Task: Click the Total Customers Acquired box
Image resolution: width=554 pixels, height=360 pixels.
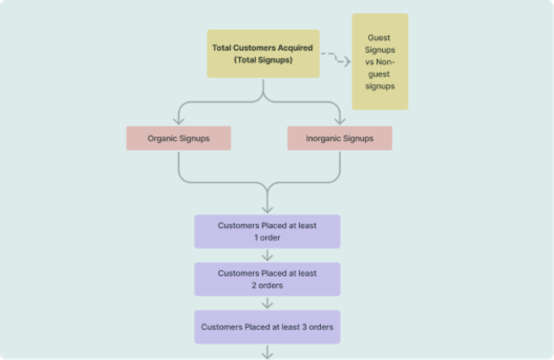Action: (x=263, y=54)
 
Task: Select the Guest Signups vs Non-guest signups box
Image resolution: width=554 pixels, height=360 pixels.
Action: (x=380, y=62)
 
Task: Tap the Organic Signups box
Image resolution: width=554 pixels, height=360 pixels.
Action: (x=178, y=138)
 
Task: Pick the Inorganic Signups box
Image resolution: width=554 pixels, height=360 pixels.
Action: (x=340, y=138)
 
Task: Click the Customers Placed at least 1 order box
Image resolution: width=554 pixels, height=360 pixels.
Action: (x=267, y=232)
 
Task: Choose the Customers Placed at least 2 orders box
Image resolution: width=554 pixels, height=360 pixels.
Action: (x=267, y=279)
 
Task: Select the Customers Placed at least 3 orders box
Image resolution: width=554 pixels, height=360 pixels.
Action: (x=267, y=327)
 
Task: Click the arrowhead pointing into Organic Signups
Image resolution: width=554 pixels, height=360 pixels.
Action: (x=178, y=120)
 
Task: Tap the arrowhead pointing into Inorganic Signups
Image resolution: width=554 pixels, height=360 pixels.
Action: (x=340, y=120)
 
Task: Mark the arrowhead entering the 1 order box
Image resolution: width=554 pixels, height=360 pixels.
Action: (x=268, y=209)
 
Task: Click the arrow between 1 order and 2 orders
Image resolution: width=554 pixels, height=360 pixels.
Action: (x=268, y=255)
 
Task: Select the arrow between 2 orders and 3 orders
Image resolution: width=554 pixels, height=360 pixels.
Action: (x=268, y=303)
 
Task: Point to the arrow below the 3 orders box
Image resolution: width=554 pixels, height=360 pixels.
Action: (x=268, y=352)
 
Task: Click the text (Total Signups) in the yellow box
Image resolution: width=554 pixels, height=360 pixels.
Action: (x=263, y=60)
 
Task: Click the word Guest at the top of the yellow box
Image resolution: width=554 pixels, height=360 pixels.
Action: (x=379, y=38)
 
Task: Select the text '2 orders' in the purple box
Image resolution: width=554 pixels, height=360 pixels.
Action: (x=267, y=285)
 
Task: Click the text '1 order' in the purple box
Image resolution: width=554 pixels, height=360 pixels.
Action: (x=267, y=238)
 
